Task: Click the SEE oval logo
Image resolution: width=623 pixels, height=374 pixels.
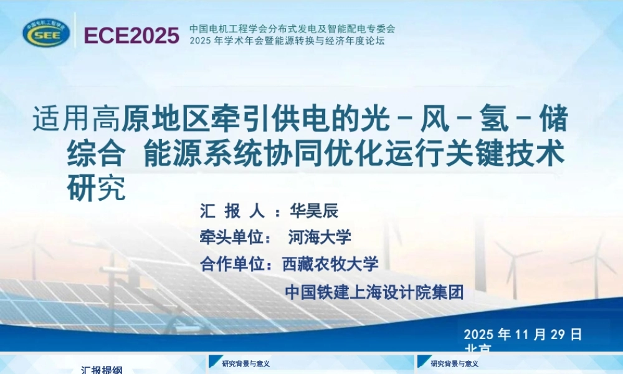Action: pyautogui.click(x=47, y=32)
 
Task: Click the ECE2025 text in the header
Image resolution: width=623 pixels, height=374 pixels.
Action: pyautogui.click(x=131, y=36)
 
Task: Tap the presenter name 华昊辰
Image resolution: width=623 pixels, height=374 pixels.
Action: pyautogui.click(x=314, y=211)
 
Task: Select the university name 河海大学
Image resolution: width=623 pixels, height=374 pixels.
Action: pyautogui.click(x=320, y=237)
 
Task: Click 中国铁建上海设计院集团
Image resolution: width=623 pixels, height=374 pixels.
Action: pyautogui.click(x=374, y=292)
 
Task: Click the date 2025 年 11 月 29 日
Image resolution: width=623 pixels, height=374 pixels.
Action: pyautogui.click(x=523, y=335)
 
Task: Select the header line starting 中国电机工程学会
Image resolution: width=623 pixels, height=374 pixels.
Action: pyautogui.click(x=292, y=29)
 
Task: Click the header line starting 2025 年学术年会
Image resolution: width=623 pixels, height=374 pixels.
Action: pyautogui.click(x=287, y=41)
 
